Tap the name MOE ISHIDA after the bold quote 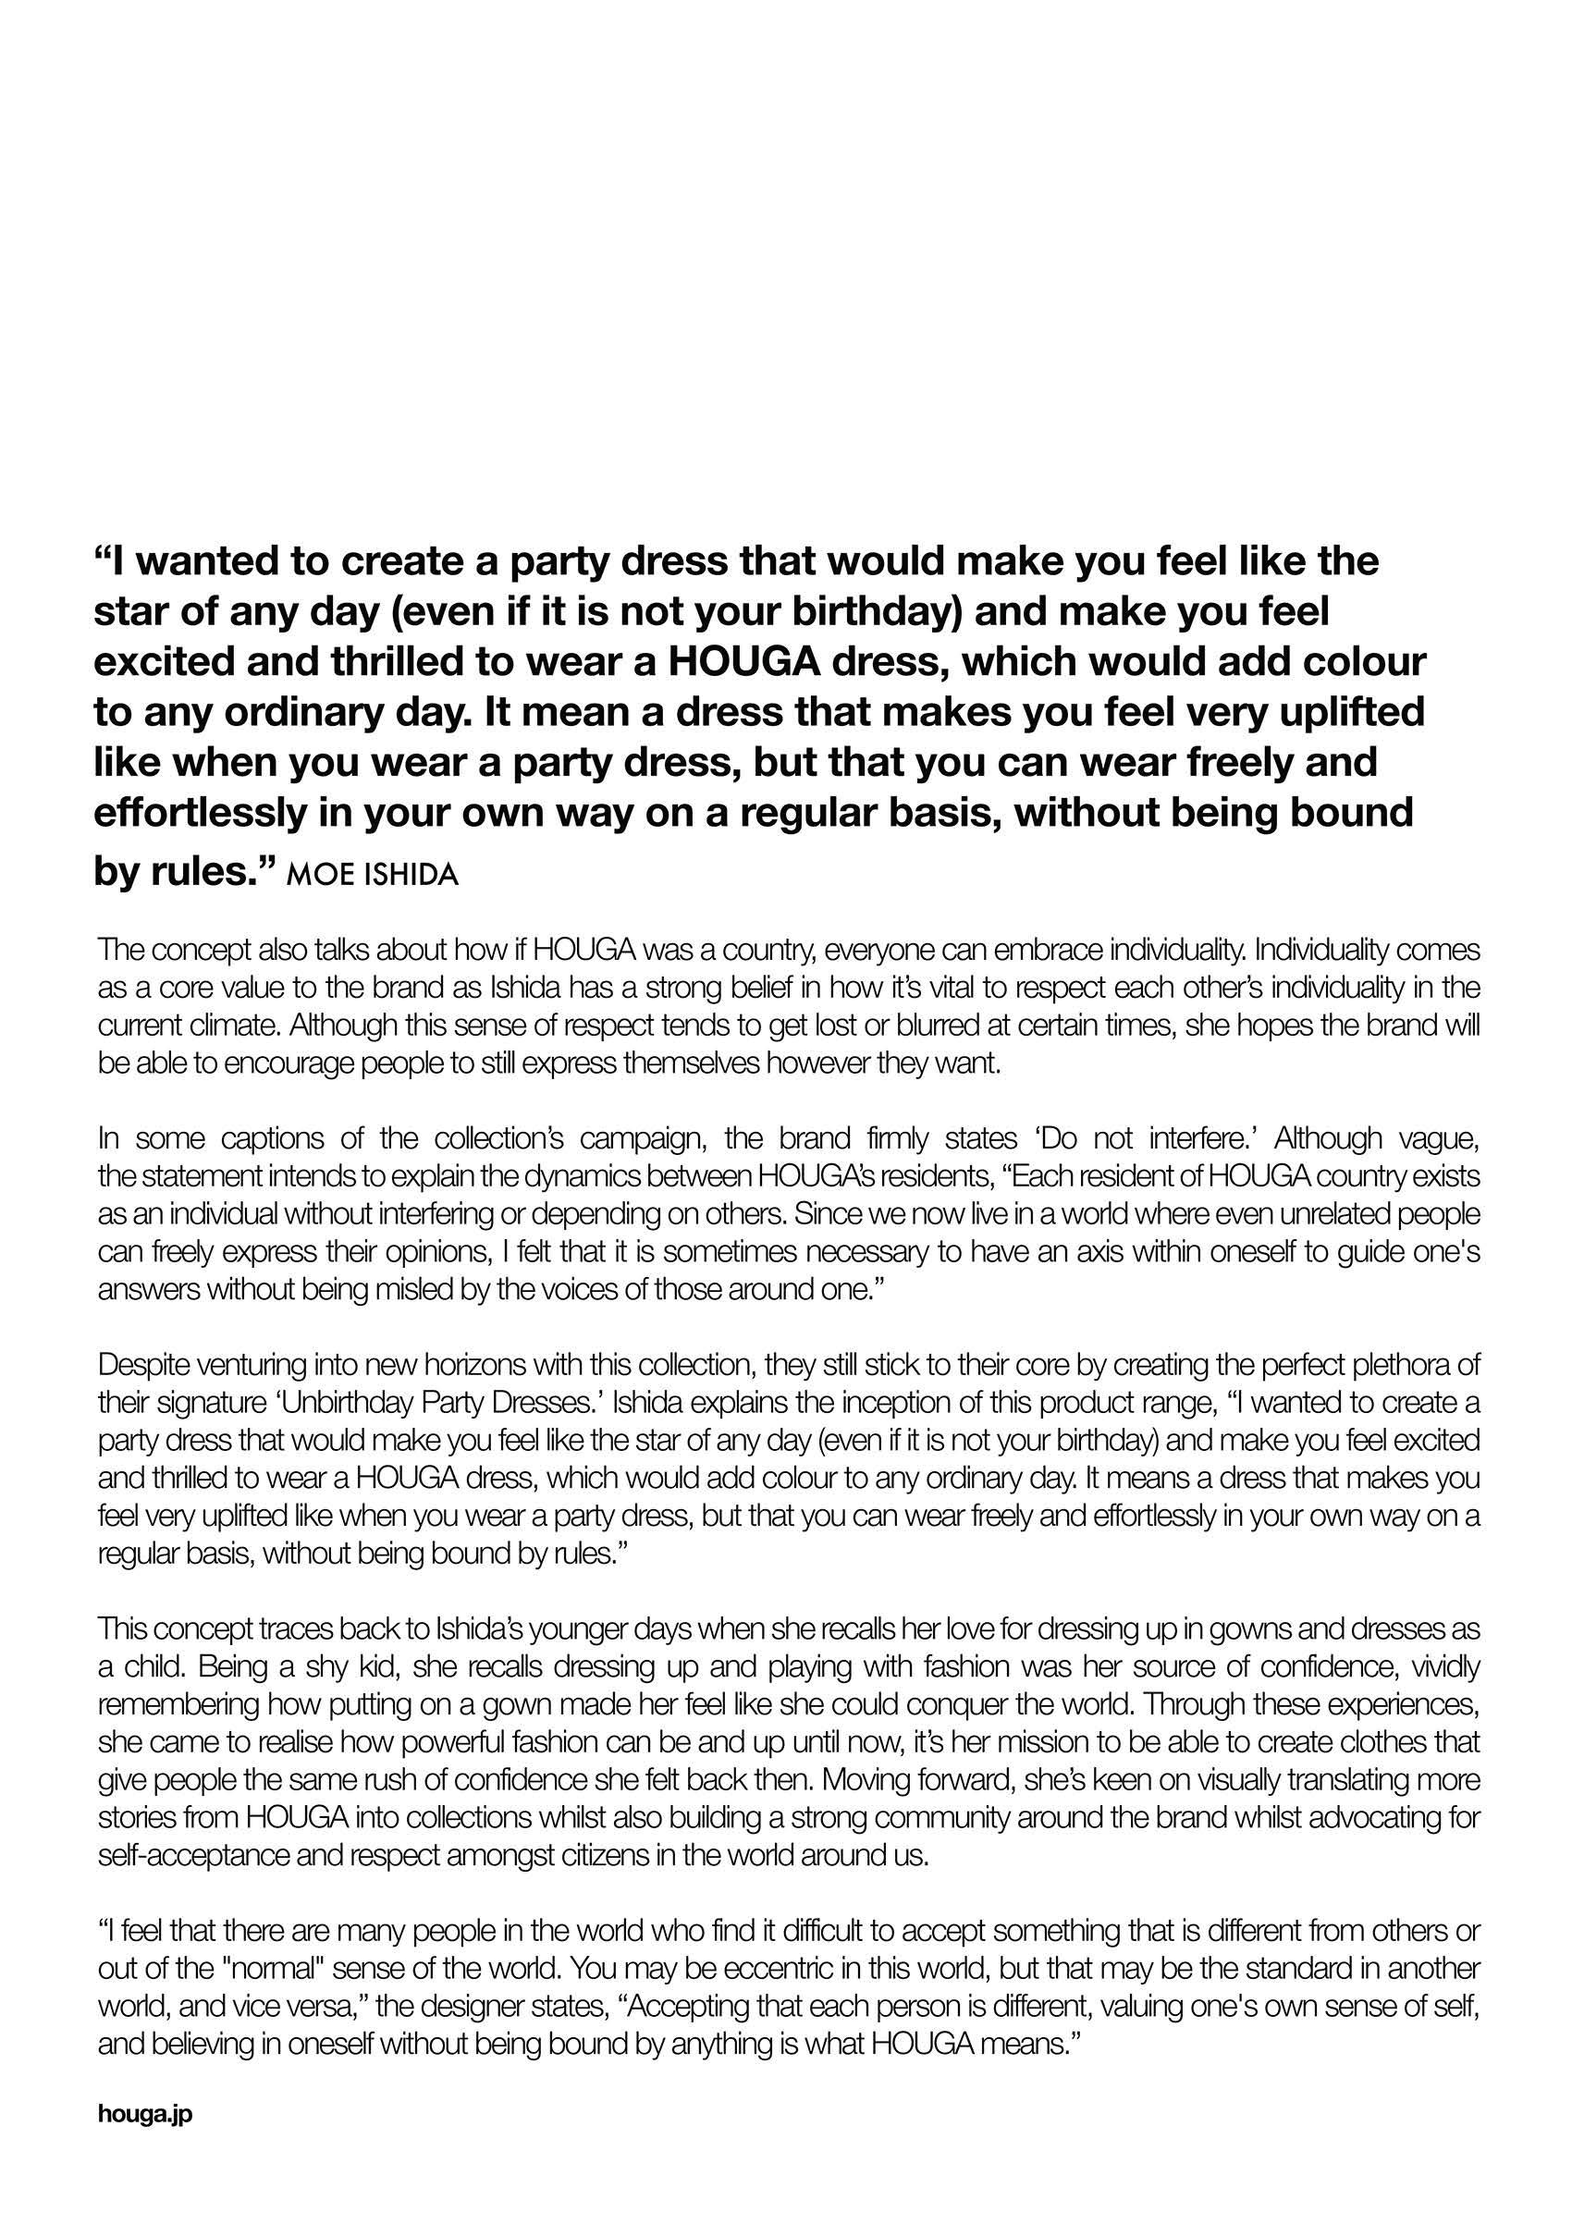[373, 876]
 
